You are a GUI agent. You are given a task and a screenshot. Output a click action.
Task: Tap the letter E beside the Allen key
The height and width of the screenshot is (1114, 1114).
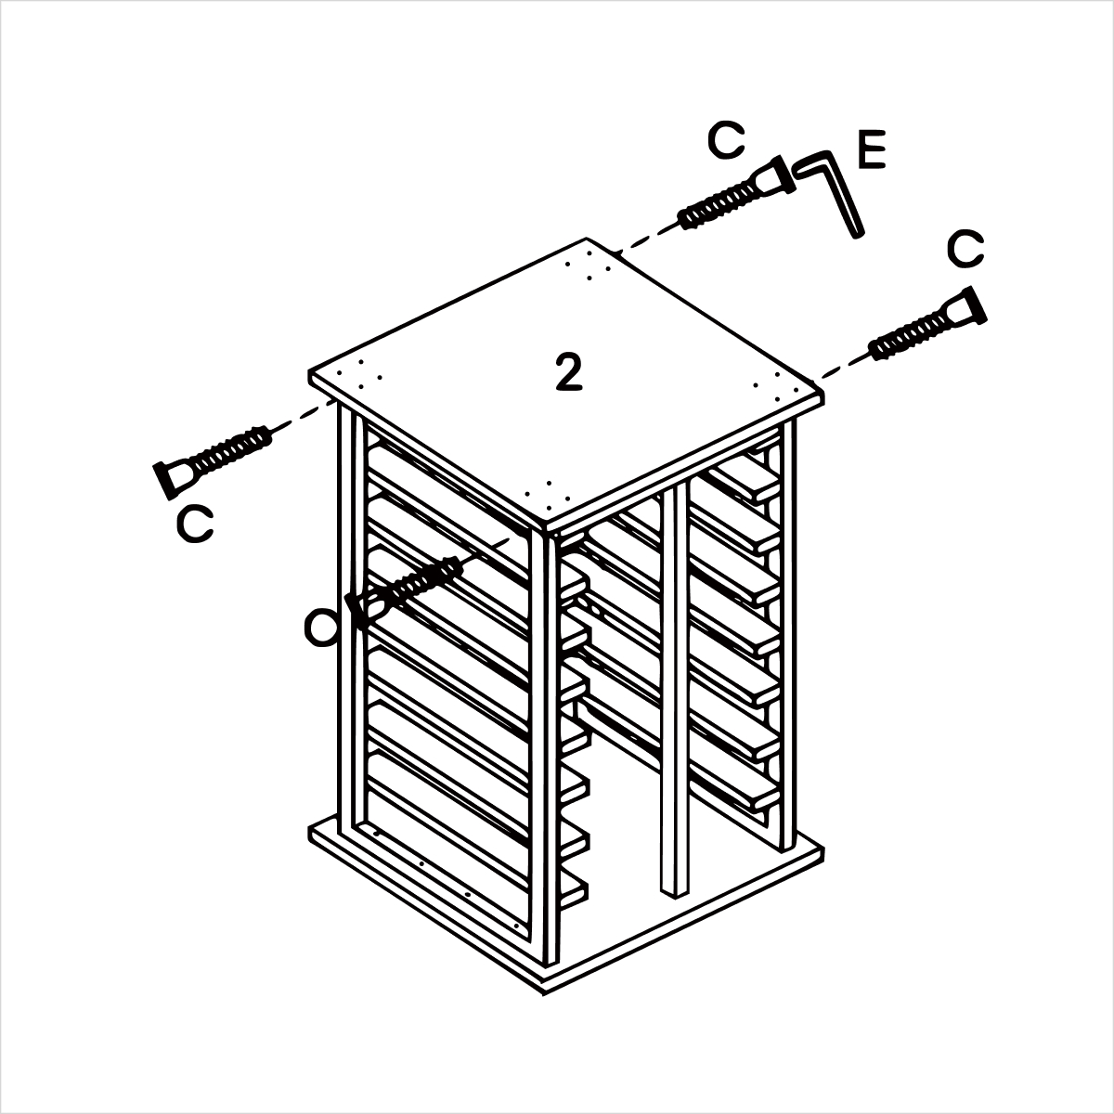(x=872, y=149)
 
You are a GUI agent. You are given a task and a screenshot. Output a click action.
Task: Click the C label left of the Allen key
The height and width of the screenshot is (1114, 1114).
(x=726, y=140)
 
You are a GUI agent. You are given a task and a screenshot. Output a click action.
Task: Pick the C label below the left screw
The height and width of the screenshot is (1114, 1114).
(x=195, y=525)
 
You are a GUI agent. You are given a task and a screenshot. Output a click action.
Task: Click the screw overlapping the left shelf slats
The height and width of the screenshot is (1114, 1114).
(x=405, y=592)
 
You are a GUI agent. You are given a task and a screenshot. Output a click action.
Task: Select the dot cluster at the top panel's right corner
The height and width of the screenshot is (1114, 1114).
(x=776, y=387)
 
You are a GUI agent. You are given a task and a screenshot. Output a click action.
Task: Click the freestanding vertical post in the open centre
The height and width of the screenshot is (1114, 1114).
(x=674, y=688)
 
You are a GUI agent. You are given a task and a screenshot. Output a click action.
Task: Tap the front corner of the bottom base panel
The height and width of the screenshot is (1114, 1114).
(x=543, y=993)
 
